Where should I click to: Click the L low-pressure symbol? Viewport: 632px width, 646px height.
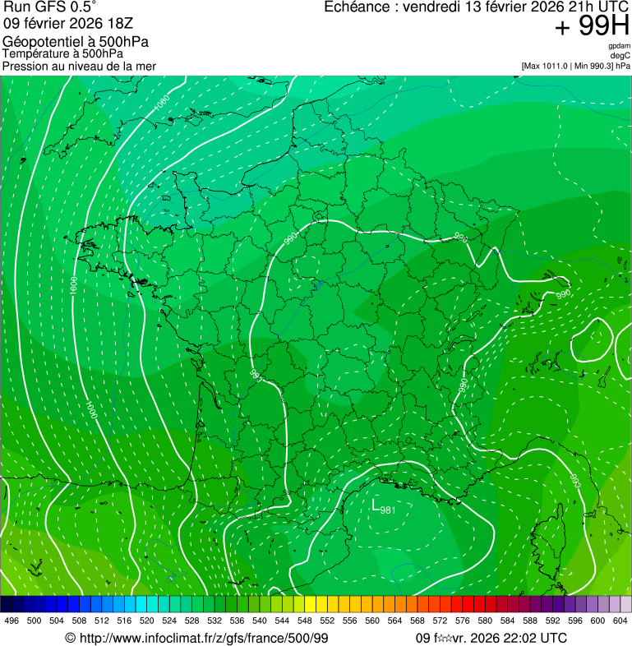(376, 504)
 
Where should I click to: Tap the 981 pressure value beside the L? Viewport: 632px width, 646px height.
(388, 510)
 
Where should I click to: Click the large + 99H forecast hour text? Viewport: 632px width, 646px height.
(592, 26)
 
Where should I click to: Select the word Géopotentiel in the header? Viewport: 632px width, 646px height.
(41, 42)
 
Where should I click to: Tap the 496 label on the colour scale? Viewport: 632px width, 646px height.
(12, 621)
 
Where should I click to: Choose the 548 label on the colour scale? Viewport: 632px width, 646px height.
(304, 621)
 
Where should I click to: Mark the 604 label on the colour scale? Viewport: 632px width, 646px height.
(620, 621)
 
